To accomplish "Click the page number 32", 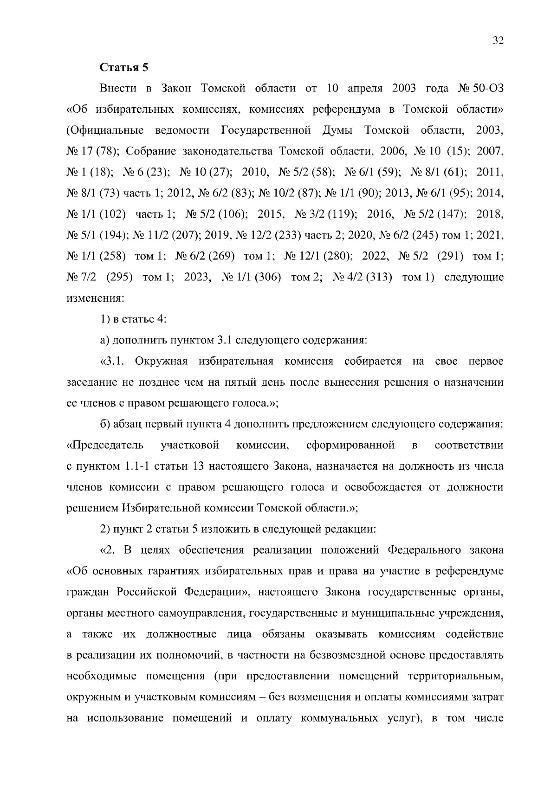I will tap(498, 40).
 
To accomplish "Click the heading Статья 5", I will tap(124, 67).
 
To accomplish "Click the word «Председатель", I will tap(105, 446).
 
